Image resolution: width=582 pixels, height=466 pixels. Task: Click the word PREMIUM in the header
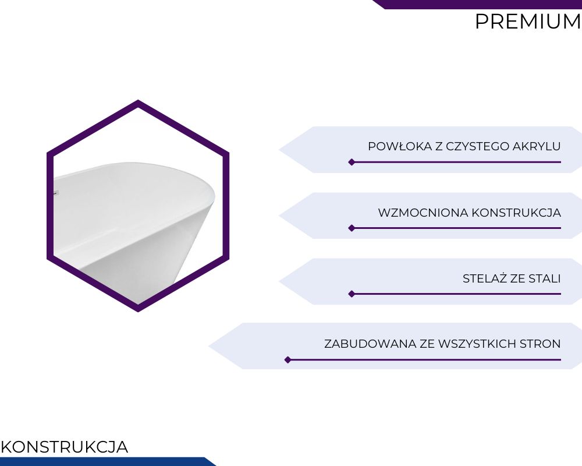click(x=528, y=22)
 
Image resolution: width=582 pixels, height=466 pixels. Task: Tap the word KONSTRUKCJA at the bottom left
click(x=64, y=447)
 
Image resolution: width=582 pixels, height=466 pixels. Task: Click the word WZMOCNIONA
click(x=423, y=213)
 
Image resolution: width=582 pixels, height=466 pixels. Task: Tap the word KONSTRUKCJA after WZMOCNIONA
click(x=516, y=213)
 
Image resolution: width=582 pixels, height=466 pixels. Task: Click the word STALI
click(x=545, y=278)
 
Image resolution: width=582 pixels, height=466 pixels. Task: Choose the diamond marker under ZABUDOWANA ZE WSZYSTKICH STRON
click(x=288, y=360)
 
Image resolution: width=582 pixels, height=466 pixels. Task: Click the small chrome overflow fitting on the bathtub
click(x=56, y=192)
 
